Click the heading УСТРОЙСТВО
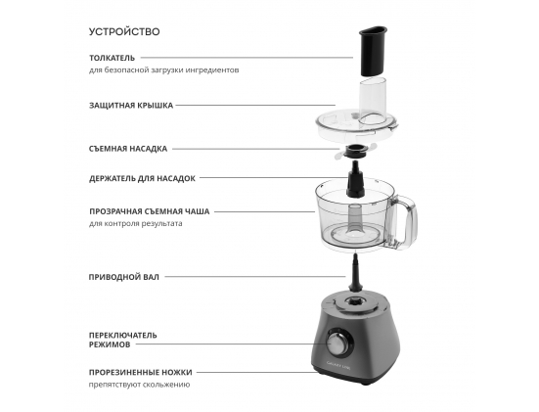click(x=124, y=31)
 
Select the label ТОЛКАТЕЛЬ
click(x=112, y=58)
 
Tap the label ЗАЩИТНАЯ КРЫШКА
click(x=131, y=106)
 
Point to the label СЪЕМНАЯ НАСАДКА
click(x=128, y=149)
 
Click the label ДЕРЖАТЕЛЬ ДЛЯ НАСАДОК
click(x=142, y=178)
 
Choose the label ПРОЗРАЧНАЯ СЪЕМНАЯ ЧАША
click(x=150, y=211)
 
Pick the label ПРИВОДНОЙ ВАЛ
click(x=124, y=277)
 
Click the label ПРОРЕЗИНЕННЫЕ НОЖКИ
click(x=140, y=372)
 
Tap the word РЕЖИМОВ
click(x=110, y=344)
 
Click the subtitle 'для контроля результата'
click(x=135, y=223)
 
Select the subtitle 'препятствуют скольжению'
click(x=139, y=385)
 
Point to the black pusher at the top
click(x=373, y=51)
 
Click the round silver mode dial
click(x=337, y=343)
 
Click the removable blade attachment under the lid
click(x=355, y=152)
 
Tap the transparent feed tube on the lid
click(x=373, y=102)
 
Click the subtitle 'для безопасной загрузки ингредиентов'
click(x=164, y=70)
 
